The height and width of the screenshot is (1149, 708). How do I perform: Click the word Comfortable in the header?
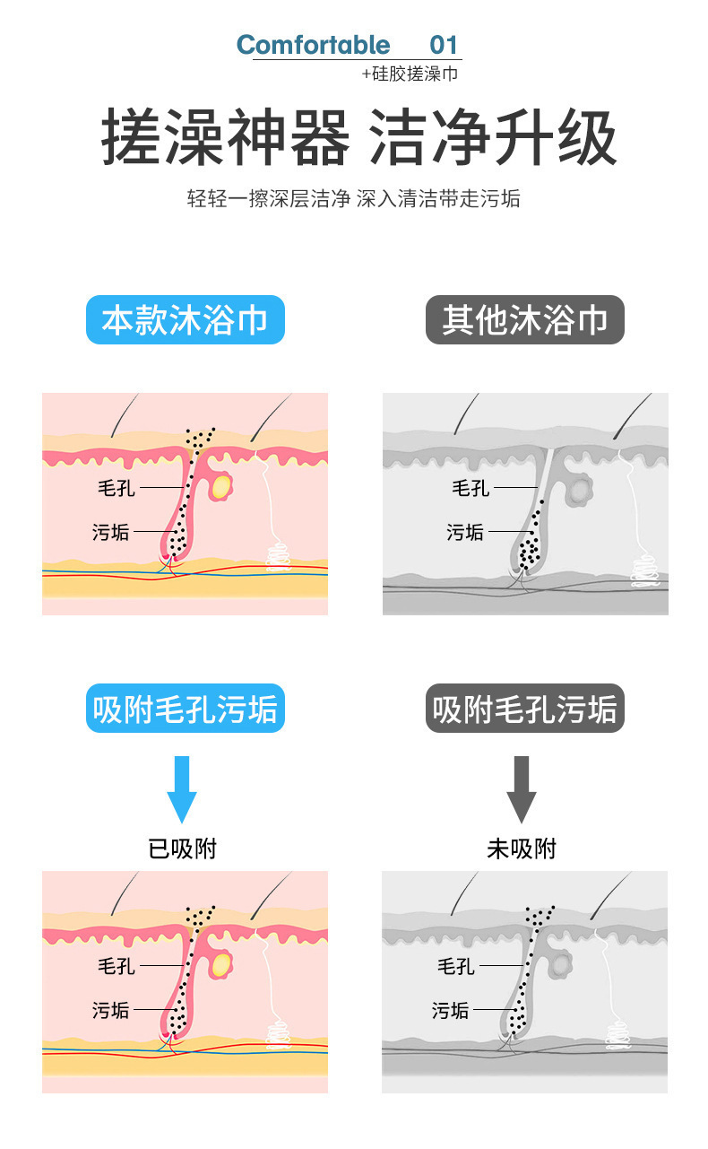(x=313, y=45)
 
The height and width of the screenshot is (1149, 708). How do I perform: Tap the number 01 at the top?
(x=444, y=45)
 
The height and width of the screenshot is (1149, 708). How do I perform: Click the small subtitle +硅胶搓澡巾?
(x=410, y=74)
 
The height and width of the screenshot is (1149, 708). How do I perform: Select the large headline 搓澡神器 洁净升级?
(x=358, y=139)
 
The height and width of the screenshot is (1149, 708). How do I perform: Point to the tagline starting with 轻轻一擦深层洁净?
(x=353, y=199)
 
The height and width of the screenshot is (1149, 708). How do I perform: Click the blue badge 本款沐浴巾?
(x=185, y=320)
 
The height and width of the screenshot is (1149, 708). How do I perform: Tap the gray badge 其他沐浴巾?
(x=524, y=320)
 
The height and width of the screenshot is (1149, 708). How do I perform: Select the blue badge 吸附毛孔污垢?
(x=185, y=709)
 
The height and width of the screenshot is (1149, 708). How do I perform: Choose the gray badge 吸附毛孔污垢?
(x=524, y=709)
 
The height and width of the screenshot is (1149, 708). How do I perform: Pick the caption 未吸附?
(x=522, y=849)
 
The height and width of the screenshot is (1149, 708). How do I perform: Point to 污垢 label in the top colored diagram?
(x=111, y=532)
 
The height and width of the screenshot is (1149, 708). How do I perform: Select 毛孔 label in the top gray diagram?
(x=471, y=488)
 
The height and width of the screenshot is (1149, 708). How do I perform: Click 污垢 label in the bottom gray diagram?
(x=450, y=1010)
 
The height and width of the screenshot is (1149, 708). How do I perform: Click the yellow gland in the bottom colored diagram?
(x=220, y=964)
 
